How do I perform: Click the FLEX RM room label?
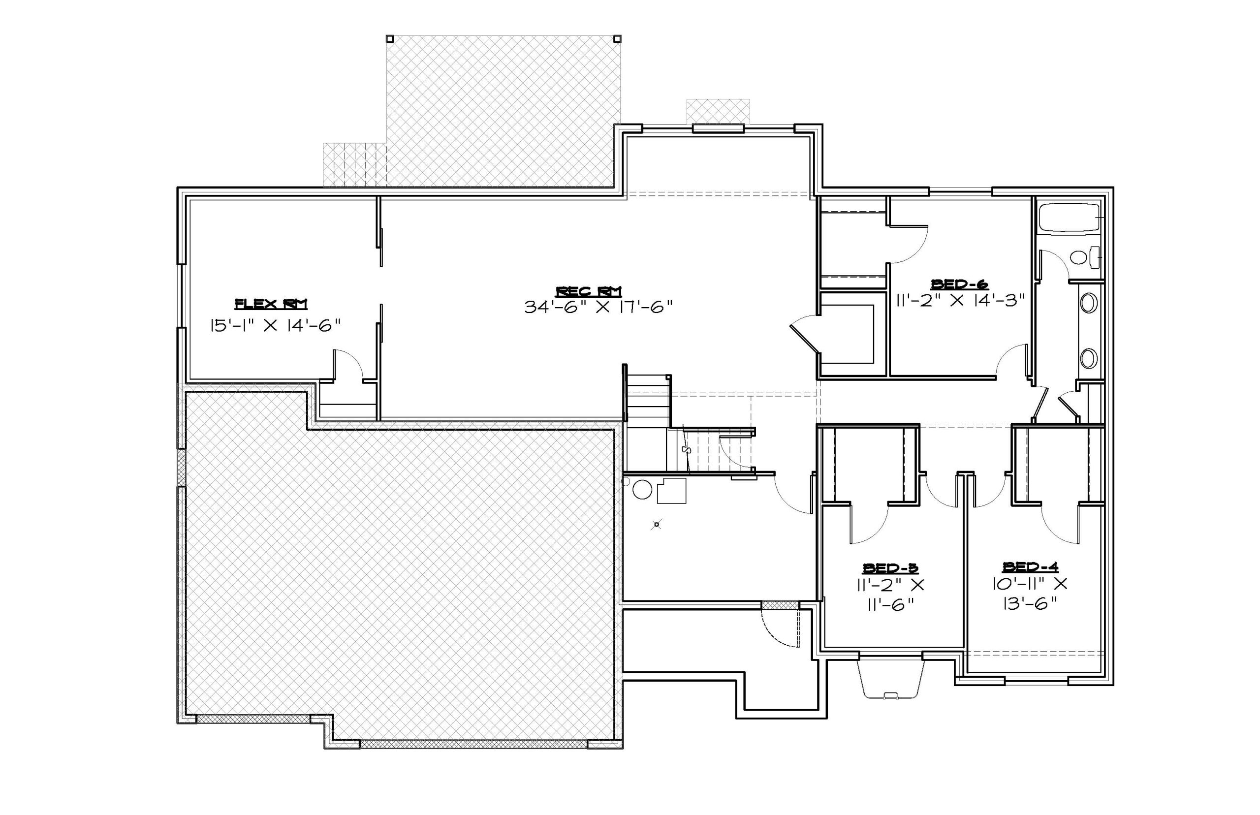(x=270, y=304)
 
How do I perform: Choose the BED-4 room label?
(x=1030, y=567)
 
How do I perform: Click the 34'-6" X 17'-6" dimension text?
(x=598, y=307)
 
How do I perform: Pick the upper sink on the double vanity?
(x=1089, y=304)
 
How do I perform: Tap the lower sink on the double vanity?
(x=1089, y=358)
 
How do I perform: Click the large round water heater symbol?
(x=642, y=489)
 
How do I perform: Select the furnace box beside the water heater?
(x=671, y=491)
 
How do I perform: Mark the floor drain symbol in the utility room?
(x=657, y=525)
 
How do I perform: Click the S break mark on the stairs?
(x=687, y=449)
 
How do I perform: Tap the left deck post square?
(x=389, y=38)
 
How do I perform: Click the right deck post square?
(x=617, y=38)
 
